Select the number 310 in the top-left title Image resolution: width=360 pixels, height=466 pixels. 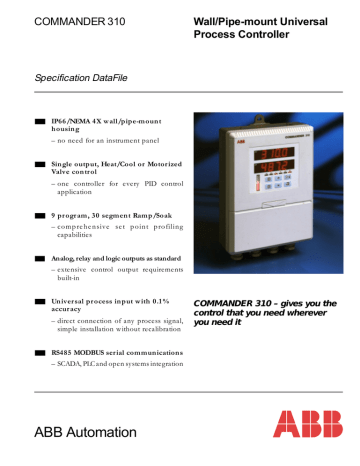coord(111,21)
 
